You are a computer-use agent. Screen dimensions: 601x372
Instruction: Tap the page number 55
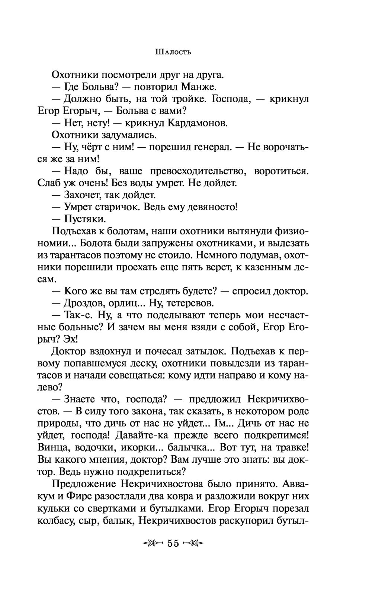tap(173, 543)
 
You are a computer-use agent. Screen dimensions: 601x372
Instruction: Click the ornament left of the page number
tap(153, 543)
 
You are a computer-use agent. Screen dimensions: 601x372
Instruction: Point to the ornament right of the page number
tap(194, 543)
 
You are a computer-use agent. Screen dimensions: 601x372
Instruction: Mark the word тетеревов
tap(189, 303)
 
